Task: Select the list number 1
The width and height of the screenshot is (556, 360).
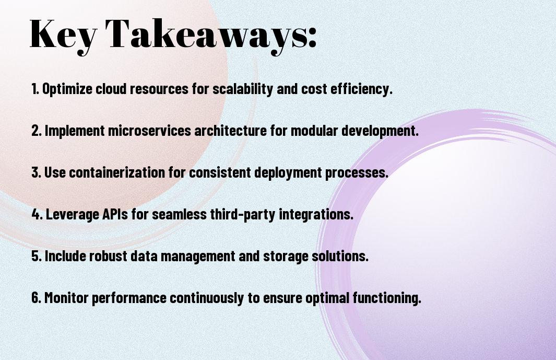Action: (35, 89)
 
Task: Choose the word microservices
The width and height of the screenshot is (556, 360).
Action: (150, 131)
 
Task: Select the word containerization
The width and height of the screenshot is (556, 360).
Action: (117, 172)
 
